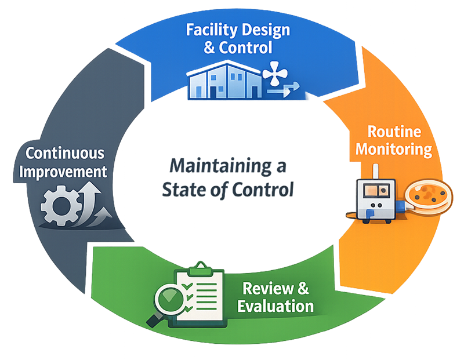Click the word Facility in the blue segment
click(208, 30)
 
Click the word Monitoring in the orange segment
click(394, 148)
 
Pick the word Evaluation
click(275, 306)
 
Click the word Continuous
click(65, 154)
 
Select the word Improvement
click(65, 172)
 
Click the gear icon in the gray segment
click(57, 206)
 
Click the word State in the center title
click(183, 190)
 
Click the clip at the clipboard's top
click(201, 267)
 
